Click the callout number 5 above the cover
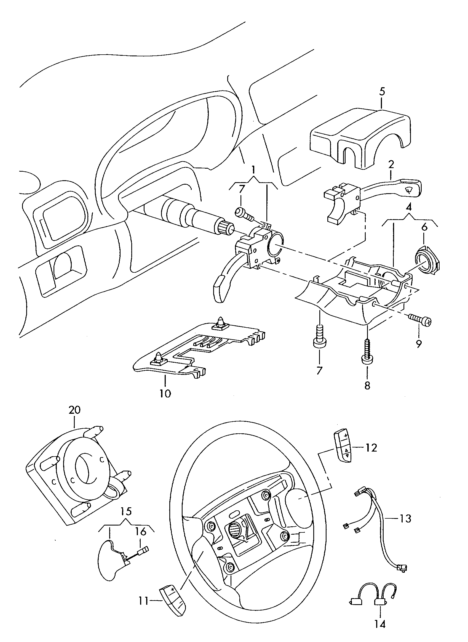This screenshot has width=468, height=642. point(382,92)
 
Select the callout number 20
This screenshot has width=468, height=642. point(74,410)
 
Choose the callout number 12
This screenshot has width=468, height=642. point(371,448)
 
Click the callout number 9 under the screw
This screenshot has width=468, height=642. point(419,344)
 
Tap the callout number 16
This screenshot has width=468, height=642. point(141,532)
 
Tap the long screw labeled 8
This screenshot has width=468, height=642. point(367,351)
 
